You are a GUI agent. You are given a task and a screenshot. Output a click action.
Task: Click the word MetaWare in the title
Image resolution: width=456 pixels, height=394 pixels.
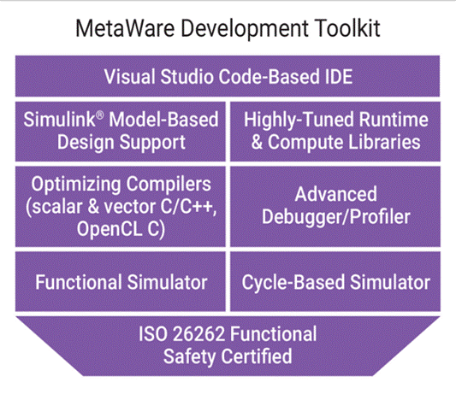pyautogui.click(x=125, y=28)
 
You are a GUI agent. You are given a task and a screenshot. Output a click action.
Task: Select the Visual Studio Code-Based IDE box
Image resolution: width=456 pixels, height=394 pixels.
pyautogui.click(x=228, y=76)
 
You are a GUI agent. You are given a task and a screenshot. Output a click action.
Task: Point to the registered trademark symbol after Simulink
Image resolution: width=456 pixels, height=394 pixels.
pyautogui.click(x=99, y=115)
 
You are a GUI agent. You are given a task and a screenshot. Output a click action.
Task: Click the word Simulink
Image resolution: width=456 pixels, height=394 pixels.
pyautogui.click(x=59, y=120)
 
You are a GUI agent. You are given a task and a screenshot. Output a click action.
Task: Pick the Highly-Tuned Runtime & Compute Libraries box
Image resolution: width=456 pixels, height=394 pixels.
pyautogui.click(x=335, y=132)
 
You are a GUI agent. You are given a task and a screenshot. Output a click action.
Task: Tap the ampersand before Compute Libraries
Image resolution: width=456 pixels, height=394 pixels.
pyautogui.click(x=257, y=142)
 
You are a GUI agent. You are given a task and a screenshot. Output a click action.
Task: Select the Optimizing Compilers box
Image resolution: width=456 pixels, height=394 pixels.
pyautogui.click(x=121, y=207)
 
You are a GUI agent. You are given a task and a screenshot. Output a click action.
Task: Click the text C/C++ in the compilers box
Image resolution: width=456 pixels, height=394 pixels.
pyautogui.click(x=187, y=207)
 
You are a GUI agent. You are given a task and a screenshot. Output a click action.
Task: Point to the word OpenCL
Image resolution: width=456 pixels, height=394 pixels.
pyautogui.click(x=110, y=229)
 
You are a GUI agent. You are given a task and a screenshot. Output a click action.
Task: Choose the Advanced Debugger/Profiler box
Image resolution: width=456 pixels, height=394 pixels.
pyautogui.click(x=335, y=207)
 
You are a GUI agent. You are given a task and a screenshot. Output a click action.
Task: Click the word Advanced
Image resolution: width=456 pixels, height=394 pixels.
pyautogui.click(x=336, y=194)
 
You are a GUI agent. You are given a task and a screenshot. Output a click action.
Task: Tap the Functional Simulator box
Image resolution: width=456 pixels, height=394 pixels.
pyautogui.click(x=121, y=281)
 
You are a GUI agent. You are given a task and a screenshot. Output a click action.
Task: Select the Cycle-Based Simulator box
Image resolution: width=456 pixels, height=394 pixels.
pyautogui.click(x=335, y=281)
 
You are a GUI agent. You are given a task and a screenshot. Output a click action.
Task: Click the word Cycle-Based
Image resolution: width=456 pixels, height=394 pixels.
pyautogui.click(x=293, y=283)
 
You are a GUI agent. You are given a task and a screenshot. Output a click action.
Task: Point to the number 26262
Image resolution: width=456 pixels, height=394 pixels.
pyautogui.click(x=198, y=334)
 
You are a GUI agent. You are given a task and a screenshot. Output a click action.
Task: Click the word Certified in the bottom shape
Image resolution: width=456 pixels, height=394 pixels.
pyautogui.click(x=257, y=356)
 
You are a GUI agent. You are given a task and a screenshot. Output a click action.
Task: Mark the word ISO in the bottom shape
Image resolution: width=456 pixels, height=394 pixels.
pyautogui.click(x=152, y=334)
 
